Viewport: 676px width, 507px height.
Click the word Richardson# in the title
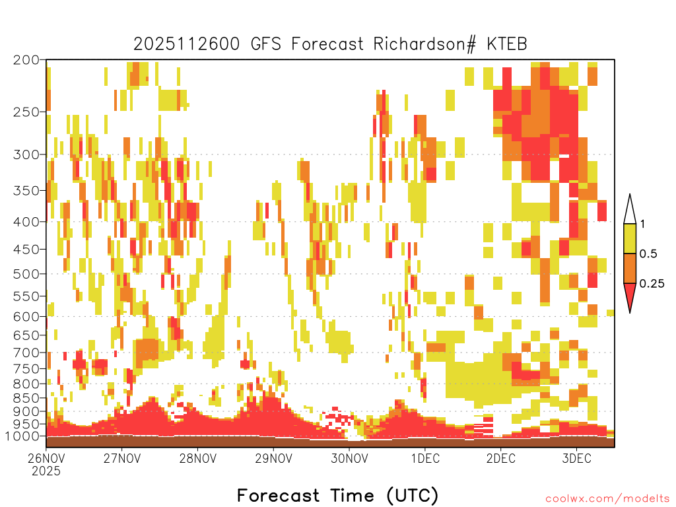point(424,44)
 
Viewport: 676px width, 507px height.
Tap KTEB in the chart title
point(507,44)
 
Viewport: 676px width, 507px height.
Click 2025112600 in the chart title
point(186,44)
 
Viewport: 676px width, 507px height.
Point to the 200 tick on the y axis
point(26,60)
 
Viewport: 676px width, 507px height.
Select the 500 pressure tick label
point(26,274)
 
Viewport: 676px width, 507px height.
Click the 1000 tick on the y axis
point(22,436)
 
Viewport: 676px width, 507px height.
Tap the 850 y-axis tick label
point(26,398)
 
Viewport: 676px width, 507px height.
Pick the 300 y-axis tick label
point(26,154)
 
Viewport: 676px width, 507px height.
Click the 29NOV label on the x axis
point(273,458)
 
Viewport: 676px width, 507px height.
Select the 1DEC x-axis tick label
point(425,458)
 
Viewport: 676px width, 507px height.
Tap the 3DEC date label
point(576,458)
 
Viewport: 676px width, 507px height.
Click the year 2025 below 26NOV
point(46,471)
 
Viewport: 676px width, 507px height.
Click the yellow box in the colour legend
point(630,238)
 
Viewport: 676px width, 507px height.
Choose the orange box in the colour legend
point(630,268)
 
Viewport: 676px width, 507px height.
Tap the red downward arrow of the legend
point(630,296)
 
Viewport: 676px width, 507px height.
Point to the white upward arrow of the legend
point(630,210)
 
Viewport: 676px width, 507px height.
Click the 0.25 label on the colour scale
point(652,284)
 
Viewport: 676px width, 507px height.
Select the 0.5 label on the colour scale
point(648,254)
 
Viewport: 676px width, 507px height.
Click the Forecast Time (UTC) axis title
point(337,495)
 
